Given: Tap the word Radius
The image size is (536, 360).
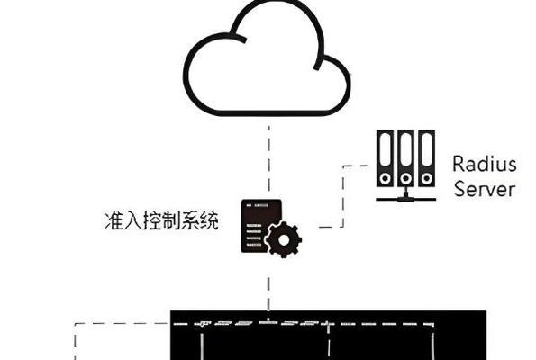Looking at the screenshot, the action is click(x=485, y=164).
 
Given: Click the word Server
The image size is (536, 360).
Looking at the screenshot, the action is click(x=485, y=189).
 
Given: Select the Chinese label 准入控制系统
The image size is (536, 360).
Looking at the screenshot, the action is click(x=161, y=220).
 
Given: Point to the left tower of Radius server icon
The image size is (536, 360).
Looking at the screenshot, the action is click(x=385, y=158).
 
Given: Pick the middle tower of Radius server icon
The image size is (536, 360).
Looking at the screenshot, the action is click(x=405, y=158).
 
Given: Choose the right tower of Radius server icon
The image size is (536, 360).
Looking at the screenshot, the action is click(x=427, y=158).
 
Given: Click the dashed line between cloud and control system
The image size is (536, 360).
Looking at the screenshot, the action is click(x=269, y=158).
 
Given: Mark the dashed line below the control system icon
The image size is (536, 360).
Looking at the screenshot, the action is click(x=268, y=293).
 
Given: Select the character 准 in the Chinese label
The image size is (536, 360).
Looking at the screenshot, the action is click(x=114, y=220).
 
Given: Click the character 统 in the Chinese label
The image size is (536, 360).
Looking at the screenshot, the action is click(x=209, y=220).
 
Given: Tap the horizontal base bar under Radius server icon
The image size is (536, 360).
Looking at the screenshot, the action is click(x=405, y=199).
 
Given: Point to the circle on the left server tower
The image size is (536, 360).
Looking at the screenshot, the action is click(x=386, y=178).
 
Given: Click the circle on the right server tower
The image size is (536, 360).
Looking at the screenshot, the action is click(x=427, y=178).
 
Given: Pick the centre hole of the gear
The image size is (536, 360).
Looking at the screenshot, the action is click(x=284, y=240).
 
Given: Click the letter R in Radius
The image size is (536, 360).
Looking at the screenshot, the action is click(x=458, y=164).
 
